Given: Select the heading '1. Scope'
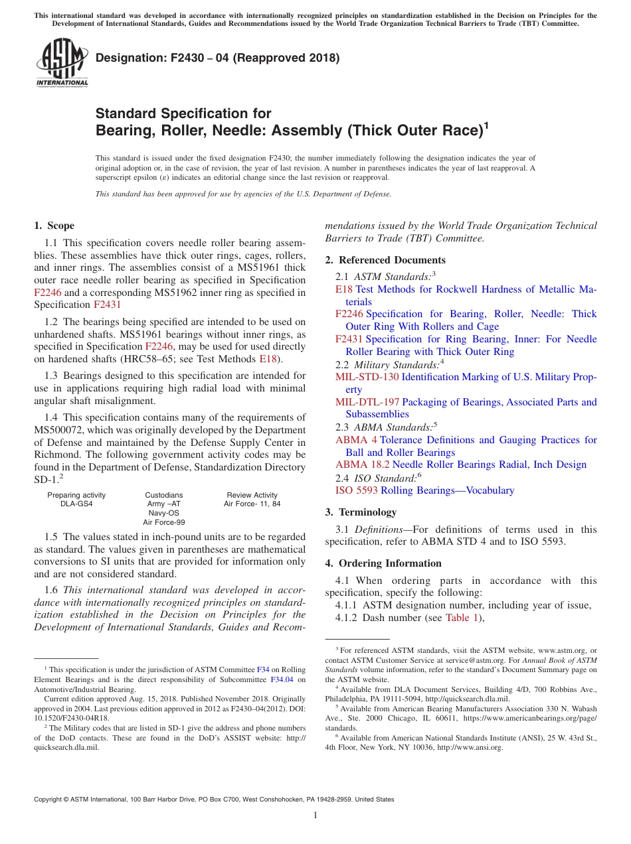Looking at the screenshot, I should tap(54, 226).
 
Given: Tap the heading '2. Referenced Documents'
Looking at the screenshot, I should tap(385, 260).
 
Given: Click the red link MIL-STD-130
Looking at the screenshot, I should tap(367, 377).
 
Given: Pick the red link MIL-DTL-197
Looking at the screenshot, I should tap(367, 402).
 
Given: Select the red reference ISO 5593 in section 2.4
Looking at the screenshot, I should tap(356, 490).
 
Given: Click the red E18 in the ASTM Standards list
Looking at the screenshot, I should tap(343, 289).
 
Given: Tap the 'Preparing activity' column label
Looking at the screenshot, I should tap(76, 495).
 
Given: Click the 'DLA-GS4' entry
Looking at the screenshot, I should tap(76, 504).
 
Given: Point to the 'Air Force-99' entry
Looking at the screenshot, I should tap(164, 522).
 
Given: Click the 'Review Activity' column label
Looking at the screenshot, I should tap(252, 495).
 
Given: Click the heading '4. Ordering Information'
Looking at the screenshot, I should tap(383, 563).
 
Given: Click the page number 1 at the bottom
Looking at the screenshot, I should tap(315, 815).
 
